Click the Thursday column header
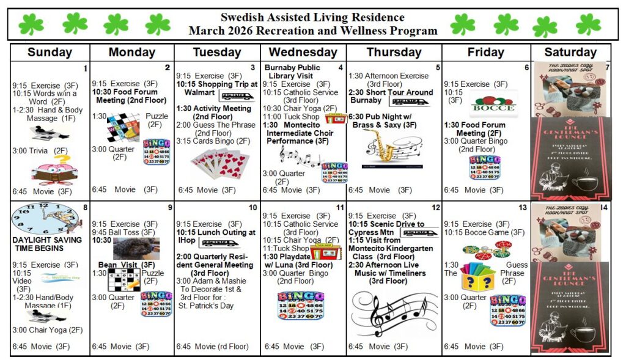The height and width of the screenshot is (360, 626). pyautogui.click(x=394, y=53)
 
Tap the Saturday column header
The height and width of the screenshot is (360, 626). pyautogui.click(x=570, y=53)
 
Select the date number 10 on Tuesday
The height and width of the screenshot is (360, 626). pyautogui.click(x=253, y=208)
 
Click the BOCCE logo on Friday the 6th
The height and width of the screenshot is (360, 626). pyautogui.click(x=493, y=104)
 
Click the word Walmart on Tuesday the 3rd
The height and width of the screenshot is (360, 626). pyautogui.click(x=199, y=93)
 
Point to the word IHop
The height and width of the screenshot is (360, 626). pyautogui.click(x=188, y=241)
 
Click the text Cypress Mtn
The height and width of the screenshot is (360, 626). pyautogui.click(x=374, y=233)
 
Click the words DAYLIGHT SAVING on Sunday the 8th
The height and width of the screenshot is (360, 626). pyautogui.click(x=47, y=240)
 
